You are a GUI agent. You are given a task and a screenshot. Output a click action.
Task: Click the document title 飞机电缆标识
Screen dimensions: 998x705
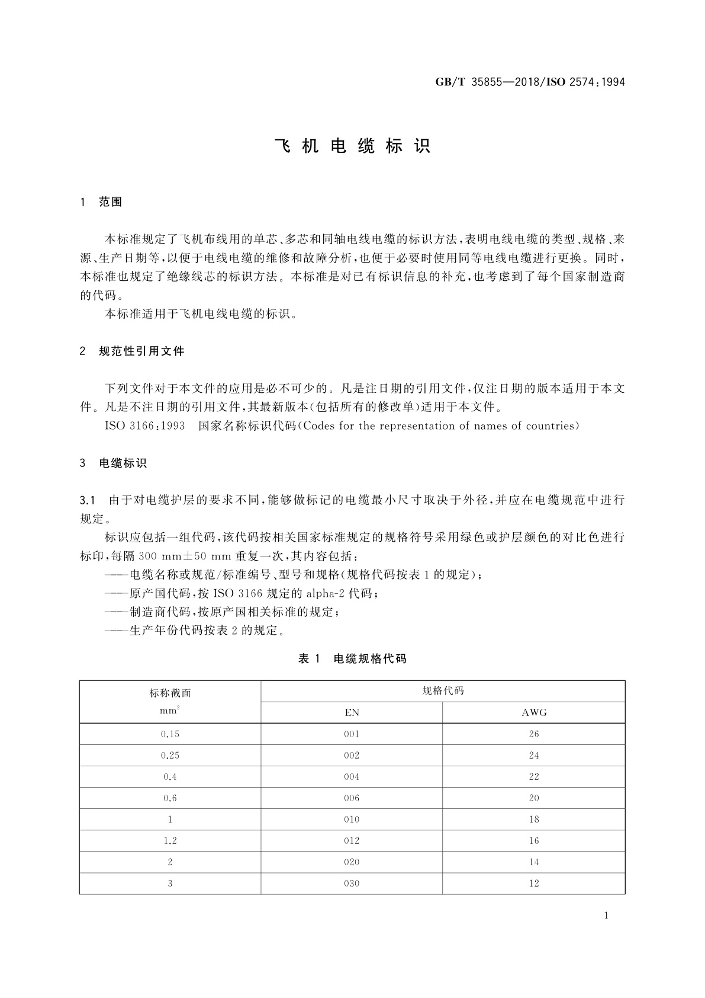tap(352, 146)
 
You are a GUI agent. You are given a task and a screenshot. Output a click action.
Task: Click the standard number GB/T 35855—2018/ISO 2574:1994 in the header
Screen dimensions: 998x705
tap(530, 82)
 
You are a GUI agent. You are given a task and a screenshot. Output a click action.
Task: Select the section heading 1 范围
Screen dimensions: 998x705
tap(101, 202)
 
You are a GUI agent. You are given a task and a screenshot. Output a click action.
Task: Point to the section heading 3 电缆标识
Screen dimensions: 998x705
tap(114, 463)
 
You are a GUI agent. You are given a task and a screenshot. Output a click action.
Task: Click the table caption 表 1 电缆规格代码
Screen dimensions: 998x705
tap(352, 658)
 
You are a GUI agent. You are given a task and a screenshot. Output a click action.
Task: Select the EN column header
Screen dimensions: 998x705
tap(352, 712)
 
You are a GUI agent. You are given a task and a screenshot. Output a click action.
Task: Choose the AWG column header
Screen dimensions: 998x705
tap(534, 712)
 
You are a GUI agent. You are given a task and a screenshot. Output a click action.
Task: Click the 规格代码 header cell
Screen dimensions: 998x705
tap(443, 691)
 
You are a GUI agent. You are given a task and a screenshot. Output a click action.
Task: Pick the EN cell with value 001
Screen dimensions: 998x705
tap(352, 734)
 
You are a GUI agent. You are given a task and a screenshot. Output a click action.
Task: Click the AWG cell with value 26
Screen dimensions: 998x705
tap(534, 734)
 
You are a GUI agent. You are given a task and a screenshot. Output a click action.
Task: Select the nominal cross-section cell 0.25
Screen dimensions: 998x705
tap(170, 755)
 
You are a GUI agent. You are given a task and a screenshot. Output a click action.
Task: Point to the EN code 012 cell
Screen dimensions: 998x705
tap(352, 840)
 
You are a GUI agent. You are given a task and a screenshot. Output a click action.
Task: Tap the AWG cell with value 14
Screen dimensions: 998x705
tap(534, 862)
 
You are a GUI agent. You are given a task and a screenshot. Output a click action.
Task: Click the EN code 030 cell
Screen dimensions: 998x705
tap(352, 883)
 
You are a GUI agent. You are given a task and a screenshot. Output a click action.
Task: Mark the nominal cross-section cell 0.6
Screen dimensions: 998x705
tap(170, 798)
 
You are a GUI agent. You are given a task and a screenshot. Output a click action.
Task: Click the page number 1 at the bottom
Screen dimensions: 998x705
tap(606, 916)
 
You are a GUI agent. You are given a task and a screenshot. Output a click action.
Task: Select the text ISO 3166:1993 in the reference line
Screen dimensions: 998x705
tap(145, 426)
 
